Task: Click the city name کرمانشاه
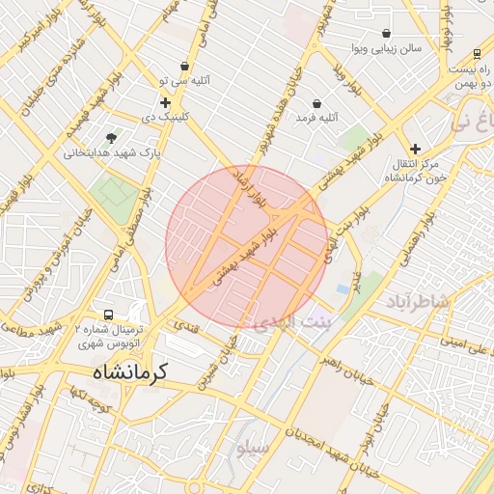[129, 370]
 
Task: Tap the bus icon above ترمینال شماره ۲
[107, 315]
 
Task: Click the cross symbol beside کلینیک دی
[165, 102]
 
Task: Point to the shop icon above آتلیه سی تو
[184, 67]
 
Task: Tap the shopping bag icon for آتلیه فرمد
[317, 103]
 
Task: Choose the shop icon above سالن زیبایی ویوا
[387, 33]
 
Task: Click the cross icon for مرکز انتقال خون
[415, 149]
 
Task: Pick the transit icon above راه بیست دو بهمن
[477, 54]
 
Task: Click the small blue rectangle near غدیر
[343, 288]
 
